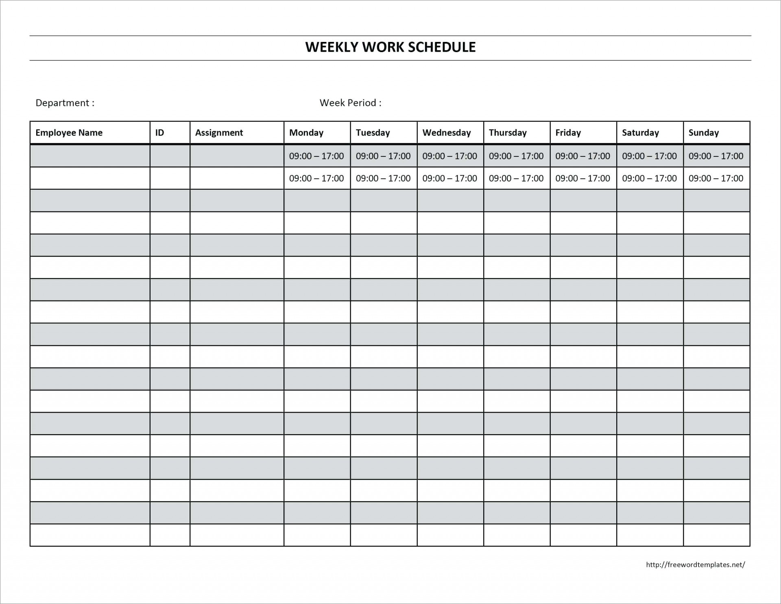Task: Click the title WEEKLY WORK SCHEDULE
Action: pos(390,47)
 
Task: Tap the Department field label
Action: pos(65,103)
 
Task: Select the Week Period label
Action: pos(350,103)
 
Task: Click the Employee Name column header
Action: pos(69,132)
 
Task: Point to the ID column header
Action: pos(159,132)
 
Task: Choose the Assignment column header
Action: pos(219,132)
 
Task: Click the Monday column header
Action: pos(306,132)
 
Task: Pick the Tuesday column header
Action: pos(373,132)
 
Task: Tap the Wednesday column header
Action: pos(446,132)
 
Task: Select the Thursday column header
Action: pos(508,132)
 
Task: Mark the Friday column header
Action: pos(568,132)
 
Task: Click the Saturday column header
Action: pos(640,132)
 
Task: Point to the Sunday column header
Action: pos(703,132)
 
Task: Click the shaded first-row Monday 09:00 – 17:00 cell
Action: pos(316,156)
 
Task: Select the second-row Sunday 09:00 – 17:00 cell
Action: pos(716,178)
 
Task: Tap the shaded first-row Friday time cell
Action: pos(582,156)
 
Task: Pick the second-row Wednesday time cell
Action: pos(449,178)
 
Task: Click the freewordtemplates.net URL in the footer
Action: pos(695,564)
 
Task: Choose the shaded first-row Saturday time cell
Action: pos(649,156)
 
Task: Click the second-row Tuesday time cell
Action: pos(383,178)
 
